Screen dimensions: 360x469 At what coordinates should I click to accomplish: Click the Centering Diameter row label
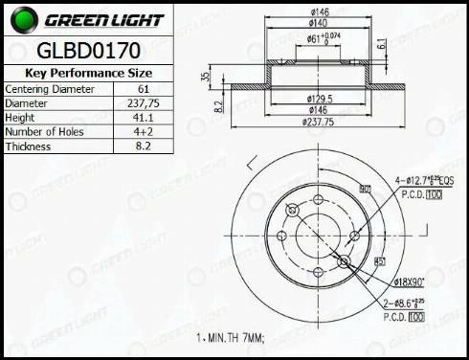click(50, 88)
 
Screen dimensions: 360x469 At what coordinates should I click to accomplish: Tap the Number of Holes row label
click(44, 131)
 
